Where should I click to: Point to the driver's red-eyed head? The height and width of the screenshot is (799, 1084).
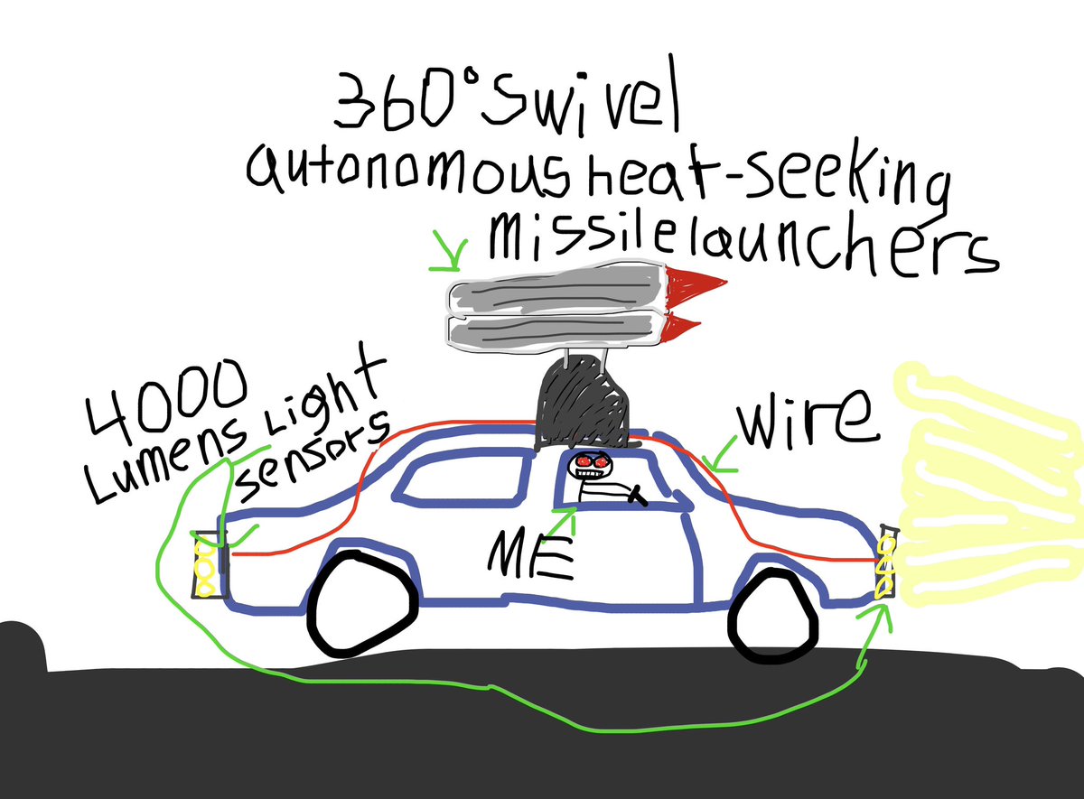point(592,464)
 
